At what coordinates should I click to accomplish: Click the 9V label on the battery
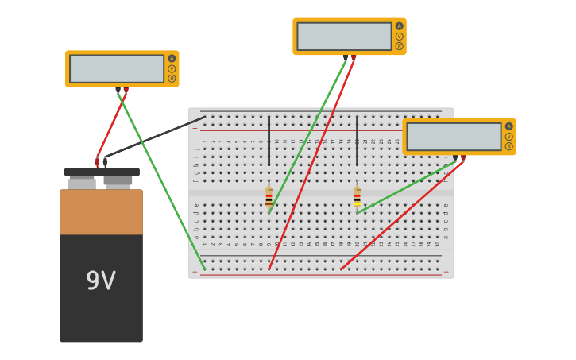pyautogui.click(x=101, y=281)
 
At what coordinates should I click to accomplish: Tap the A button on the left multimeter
pyautogui.click(x=172, y=59)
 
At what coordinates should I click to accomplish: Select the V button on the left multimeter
pyautogui.click(x=172, y=69)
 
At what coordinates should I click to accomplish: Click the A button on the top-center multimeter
pyautogui.click(x=399, y=26)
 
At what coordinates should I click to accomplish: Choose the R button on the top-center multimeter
pyautogui.click(x=399, y=46)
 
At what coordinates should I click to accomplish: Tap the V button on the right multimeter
pyautogui.click(x=508, y=136)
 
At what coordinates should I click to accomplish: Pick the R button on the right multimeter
pyautogui.click(x=508, y=146)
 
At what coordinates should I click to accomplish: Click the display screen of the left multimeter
pyautogui.click(x=117, y=69)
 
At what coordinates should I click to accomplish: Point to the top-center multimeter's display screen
pyautogui.click(x=344, y=37)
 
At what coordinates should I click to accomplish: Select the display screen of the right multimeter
pyautogui.click(x=454, y=137)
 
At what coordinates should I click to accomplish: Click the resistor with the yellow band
pyautogui.click(x=357, y=197)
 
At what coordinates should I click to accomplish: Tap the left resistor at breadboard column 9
pyautogui.click(x=269, y=197)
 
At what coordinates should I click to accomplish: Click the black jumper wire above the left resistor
pyautogui.click(x=269, y=141)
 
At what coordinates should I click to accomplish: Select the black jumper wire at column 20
pyautogui.click(x=357, y=141)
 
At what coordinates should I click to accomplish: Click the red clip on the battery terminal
pyautogui.click(x=97, y=162)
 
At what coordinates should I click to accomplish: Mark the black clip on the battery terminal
pyautogui.click(x=105, y=161)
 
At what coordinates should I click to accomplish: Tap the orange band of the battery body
pyautogui.click(x=101, y=212)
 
